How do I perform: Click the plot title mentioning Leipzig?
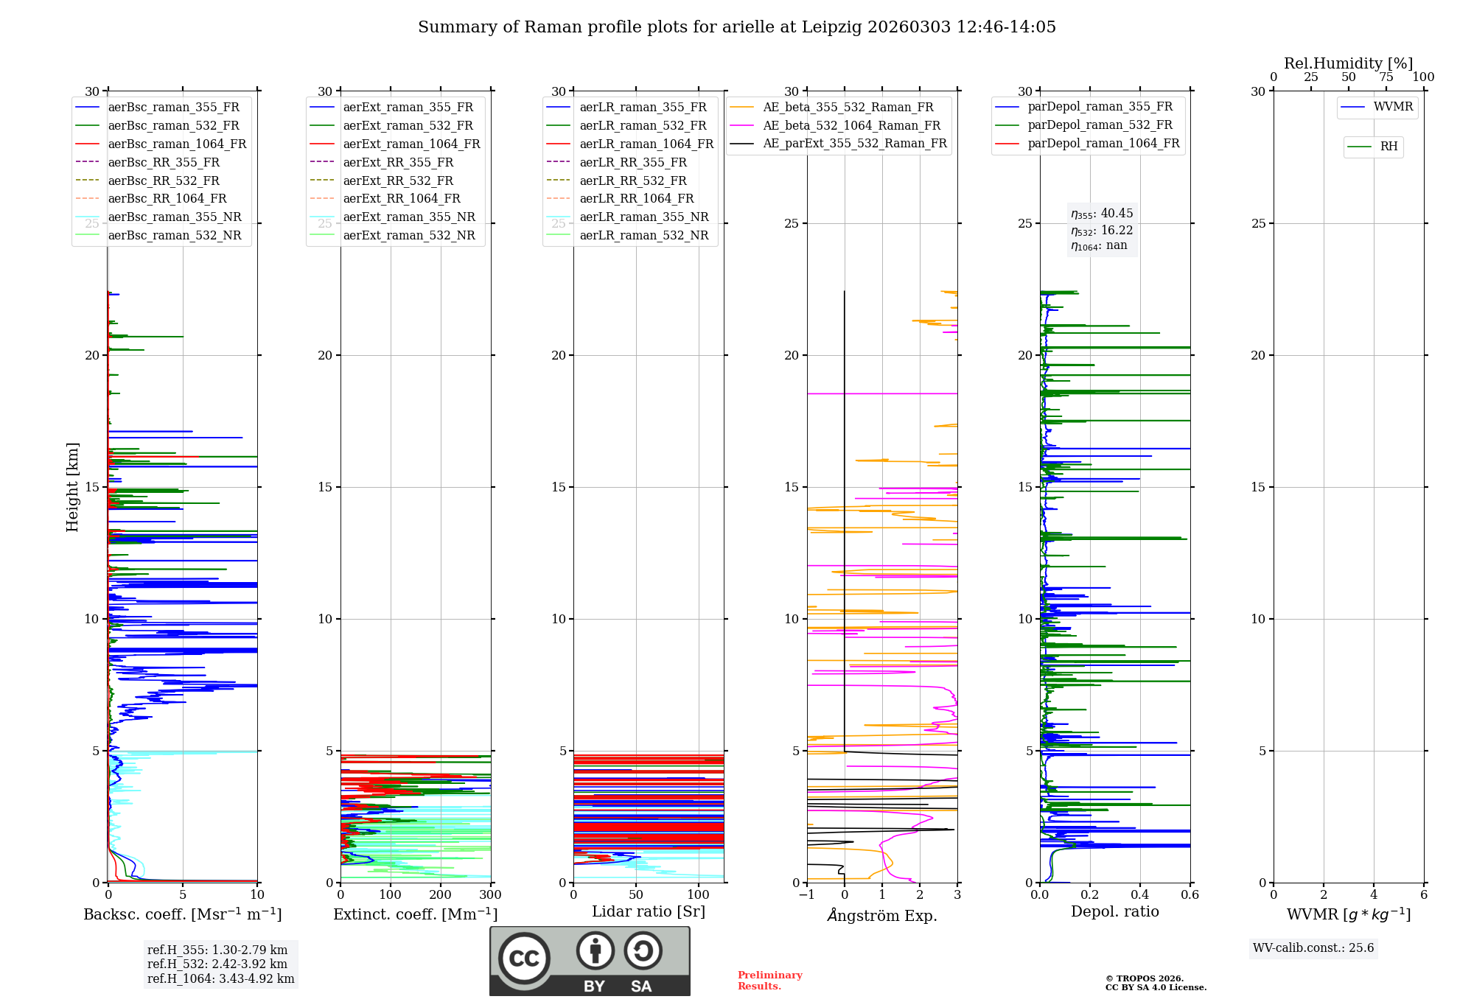tap(737, 27)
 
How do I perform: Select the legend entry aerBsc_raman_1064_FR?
tap(177, 144)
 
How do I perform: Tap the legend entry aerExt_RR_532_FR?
tap(398, 181)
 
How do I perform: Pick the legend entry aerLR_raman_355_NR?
tap(643, 217)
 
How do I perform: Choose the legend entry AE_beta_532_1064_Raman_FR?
tap(851, 126)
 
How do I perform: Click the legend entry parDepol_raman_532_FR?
tap(1100, 125)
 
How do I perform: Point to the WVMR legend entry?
tap(1393, 107)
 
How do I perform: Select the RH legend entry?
tap(1389, 147)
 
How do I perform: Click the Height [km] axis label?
tap(72, 487)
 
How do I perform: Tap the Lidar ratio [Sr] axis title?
tap(649, 912)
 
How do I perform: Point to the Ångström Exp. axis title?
tap(882, 916)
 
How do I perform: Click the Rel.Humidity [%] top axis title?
tap(1348, 63)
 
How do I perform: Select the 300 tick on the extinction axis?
tap(490, 895)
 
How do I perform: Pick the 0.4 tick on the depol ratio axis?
tap(1140, 895)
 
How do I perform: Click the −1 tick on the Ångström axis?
tap(807, 895)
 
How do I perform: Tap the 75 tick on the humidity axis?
tap(1386, 77)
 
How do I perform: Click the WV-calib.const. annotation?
tap(1313, 948)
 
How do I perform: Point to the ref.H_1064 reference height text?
tap(220, 979)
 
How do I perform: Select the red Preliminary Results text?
tap(769, 981)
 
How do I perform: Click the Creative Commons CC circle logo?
tap(524, 959)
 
